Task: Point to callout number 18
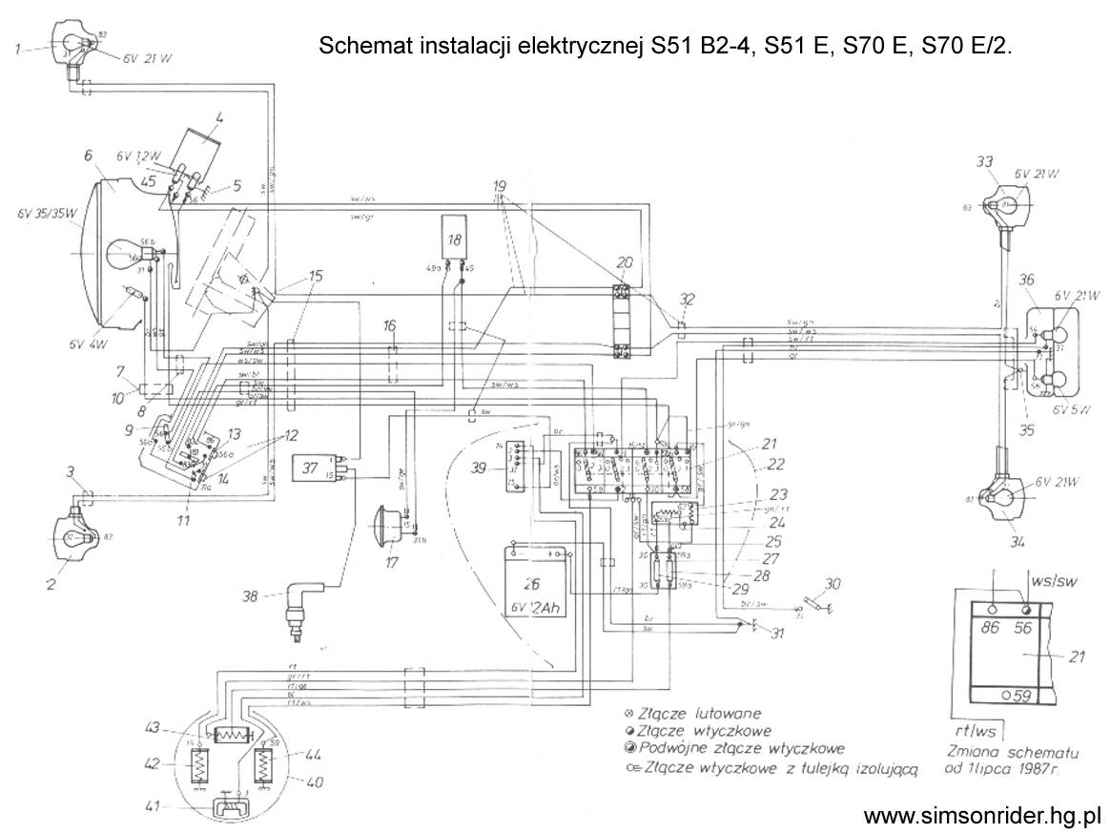pos(454,239)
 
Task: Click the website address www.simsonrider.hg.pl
pos(982,816)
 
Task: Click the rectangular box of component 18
pos(454,237)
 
